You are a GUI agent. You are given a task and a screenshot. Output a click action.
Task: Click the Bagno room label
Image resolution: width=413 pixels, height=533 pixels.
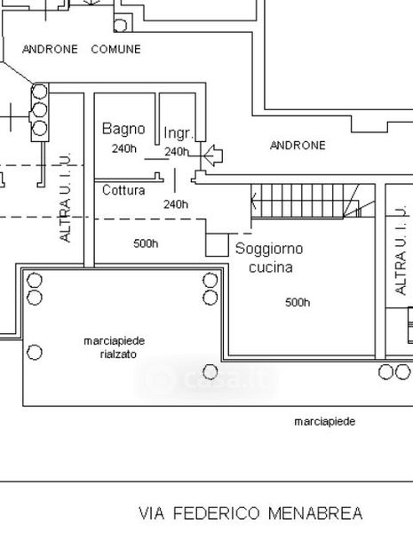(x=123, y=129)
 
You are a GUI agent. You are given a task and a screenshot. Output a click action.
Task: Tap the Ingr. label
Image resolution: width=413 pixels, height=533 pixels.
(x=179, y=133)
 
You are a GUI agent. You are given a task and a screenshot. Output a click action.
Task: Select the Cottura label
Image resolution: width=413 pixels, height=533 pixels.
(x=123, y=190)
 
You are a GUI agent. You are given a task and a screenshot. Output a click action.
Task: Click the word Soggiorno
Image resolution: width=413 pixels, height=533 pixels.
(x=269, y=249)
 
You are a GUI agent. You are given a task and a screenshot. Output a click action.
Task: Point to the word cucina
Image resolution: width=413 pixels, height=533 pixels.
(x=271, y=267)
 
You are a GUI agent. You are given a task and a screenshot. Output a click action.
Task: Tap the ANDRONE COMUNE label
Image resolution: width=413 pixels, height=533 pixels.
(x=82, y=49)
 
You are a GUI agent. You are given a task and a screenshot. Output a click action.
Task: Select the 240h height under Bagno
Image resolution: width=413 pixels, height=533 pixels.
(x=124, y=148)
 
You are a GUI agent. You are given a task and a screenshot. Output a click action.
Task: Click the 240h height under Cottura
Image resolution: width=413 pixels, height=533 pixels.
(x=176, y=204)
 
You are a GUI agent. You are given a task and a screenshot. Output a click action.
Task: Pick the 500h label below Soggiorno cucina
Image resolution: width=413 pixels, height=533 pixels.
(x=298, y=302)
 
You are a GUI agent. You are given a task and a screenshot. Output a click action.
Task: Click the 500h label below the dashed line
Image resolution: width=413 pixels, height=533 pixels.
(x=146, y=243)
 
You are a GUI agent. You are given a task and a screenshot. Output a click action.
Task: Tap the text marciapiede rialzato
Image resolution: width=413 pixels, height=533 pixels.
(x=115, y=347)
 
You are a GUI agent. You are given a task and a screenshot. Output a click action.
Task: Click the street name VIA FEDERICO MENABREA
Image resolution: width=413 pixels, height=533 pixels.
(x=250, y=513)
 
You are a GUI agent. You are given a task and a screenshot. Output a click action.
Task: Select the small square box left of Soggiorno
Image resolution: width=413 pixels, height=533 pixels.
(x=217, y=245)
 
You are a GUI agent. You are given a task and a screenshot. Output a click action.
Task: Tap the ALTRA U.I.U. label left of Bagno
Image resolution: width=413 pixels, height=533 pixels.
(x=65, y=197)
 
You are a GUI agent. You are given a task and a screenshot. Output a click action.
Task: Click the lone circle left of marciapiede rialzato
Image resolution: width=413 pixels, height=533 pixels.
(x=35, y=352)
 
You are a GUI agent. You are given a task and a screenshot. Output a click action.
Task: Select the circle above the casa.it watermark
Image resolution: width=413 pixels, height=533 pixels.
(x=210, y=372)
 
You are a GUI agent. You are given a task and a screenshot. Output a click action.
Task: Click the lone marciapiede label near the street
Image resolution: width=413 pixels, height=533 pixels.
(x=325, y=422)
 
